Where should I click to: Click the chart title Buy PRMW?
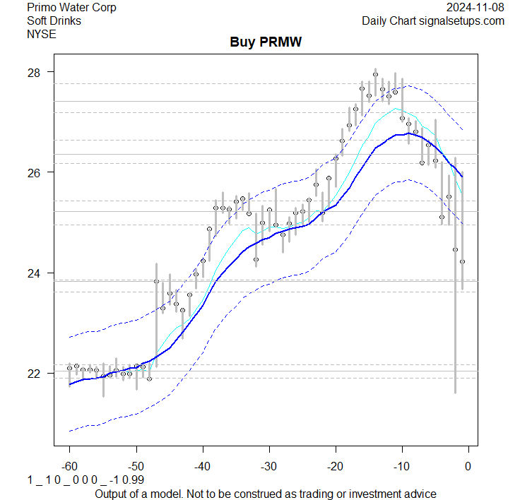pos(266,43)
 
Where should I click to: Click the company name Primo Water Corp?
pos(71,8)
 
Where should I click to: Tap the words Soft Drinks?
pos(54,20)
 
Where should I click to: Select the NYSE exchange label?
pos(40,33)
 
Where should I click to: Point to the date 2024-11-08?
pos(475,8)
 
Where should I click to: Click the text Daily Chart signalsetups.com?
pos(433,20)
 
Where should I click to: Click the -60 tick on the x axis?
pos(69,466)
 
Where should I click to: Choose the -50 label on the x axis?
pos(136,466)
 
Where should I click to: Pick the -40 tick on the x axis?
pos(202,466)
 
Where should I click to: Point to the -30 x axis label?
pos(268,466)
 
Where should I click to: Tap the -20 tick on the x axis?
pos(335,466)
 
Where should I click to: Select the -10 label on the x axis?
pos(401,466)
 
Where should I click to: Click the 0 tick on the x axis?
pos(468,466)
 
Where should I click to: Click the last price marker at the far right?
pos(462,261)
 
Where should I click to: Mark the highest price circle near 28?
pos(376,74)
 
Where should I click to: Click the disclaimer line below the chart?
pos(265,493)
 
